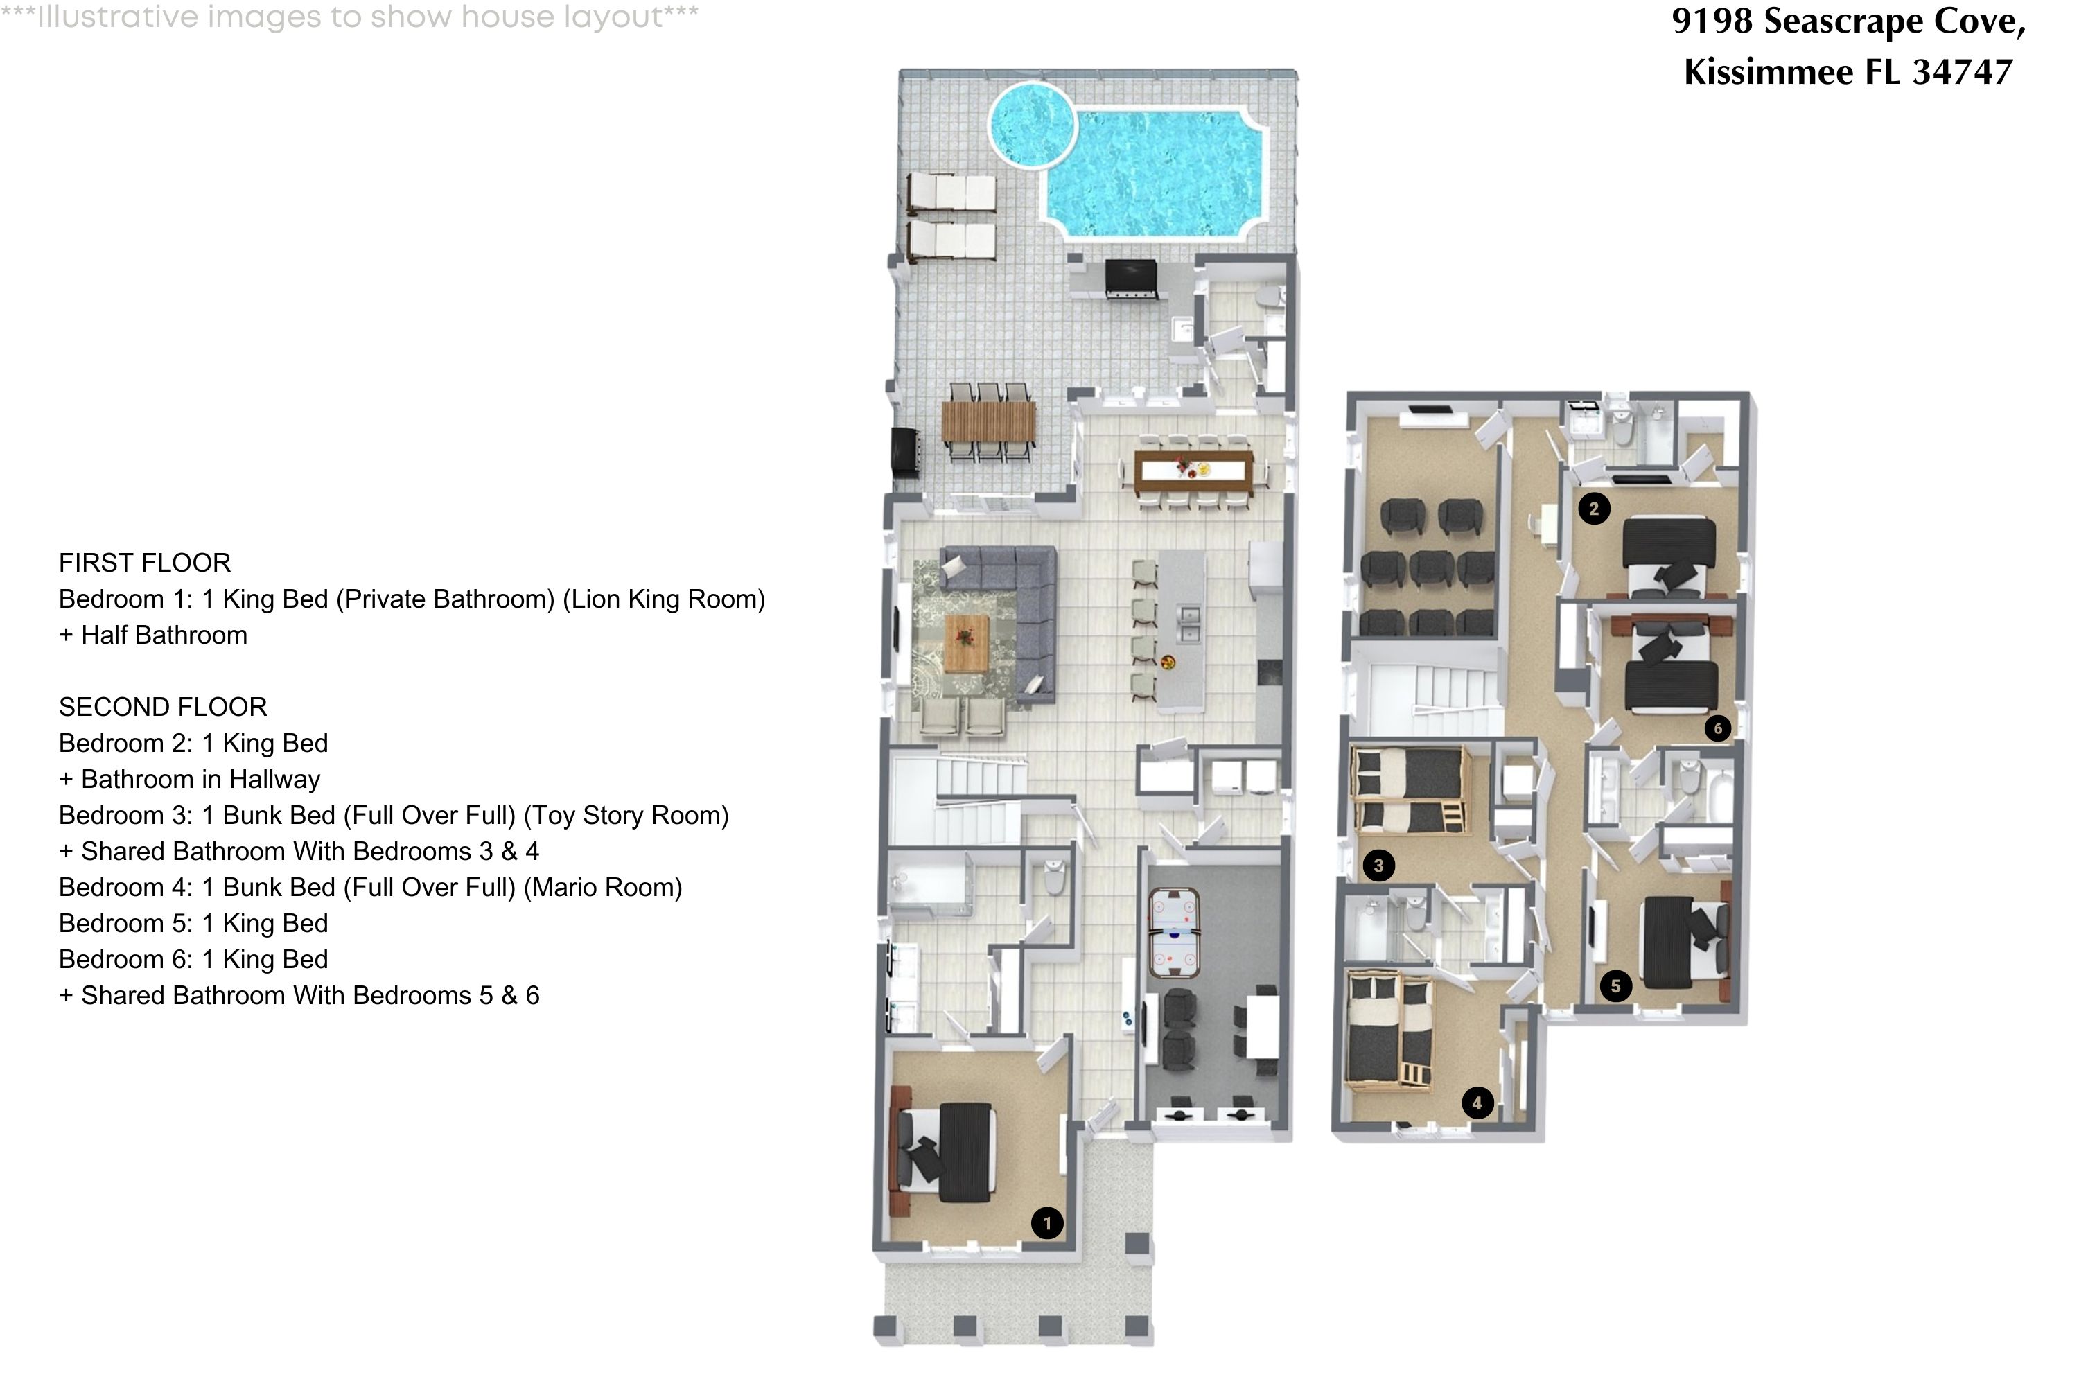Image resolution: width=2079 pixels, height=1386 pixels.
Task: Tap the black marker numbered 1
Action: tap(1046, 1223)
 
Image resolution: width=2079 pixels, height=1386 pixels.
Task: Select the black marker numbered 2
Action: tap(1594, 508)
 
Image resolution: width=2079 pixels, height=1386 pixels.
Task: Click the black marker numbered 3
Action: tap(1378, 866)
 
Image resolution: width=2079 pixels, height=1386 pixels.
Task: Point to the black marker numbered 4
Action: tap(1477, 1103)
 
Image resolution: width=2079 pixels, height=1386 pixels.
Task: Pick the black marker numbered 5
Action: tap(1615, 985)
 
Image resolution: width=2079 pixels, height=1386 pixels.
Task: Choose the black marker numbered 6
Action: tap(1717, 728)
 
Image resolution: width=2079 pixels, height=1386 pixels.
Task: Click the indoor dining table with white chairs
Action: tap(1193, 472)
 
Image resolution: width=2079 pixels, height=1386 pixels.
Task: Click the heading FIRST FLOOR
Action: tap(145, 563)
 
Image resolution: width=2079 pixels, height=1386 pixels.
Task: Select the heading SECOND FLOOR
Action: tap(163, 707)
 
